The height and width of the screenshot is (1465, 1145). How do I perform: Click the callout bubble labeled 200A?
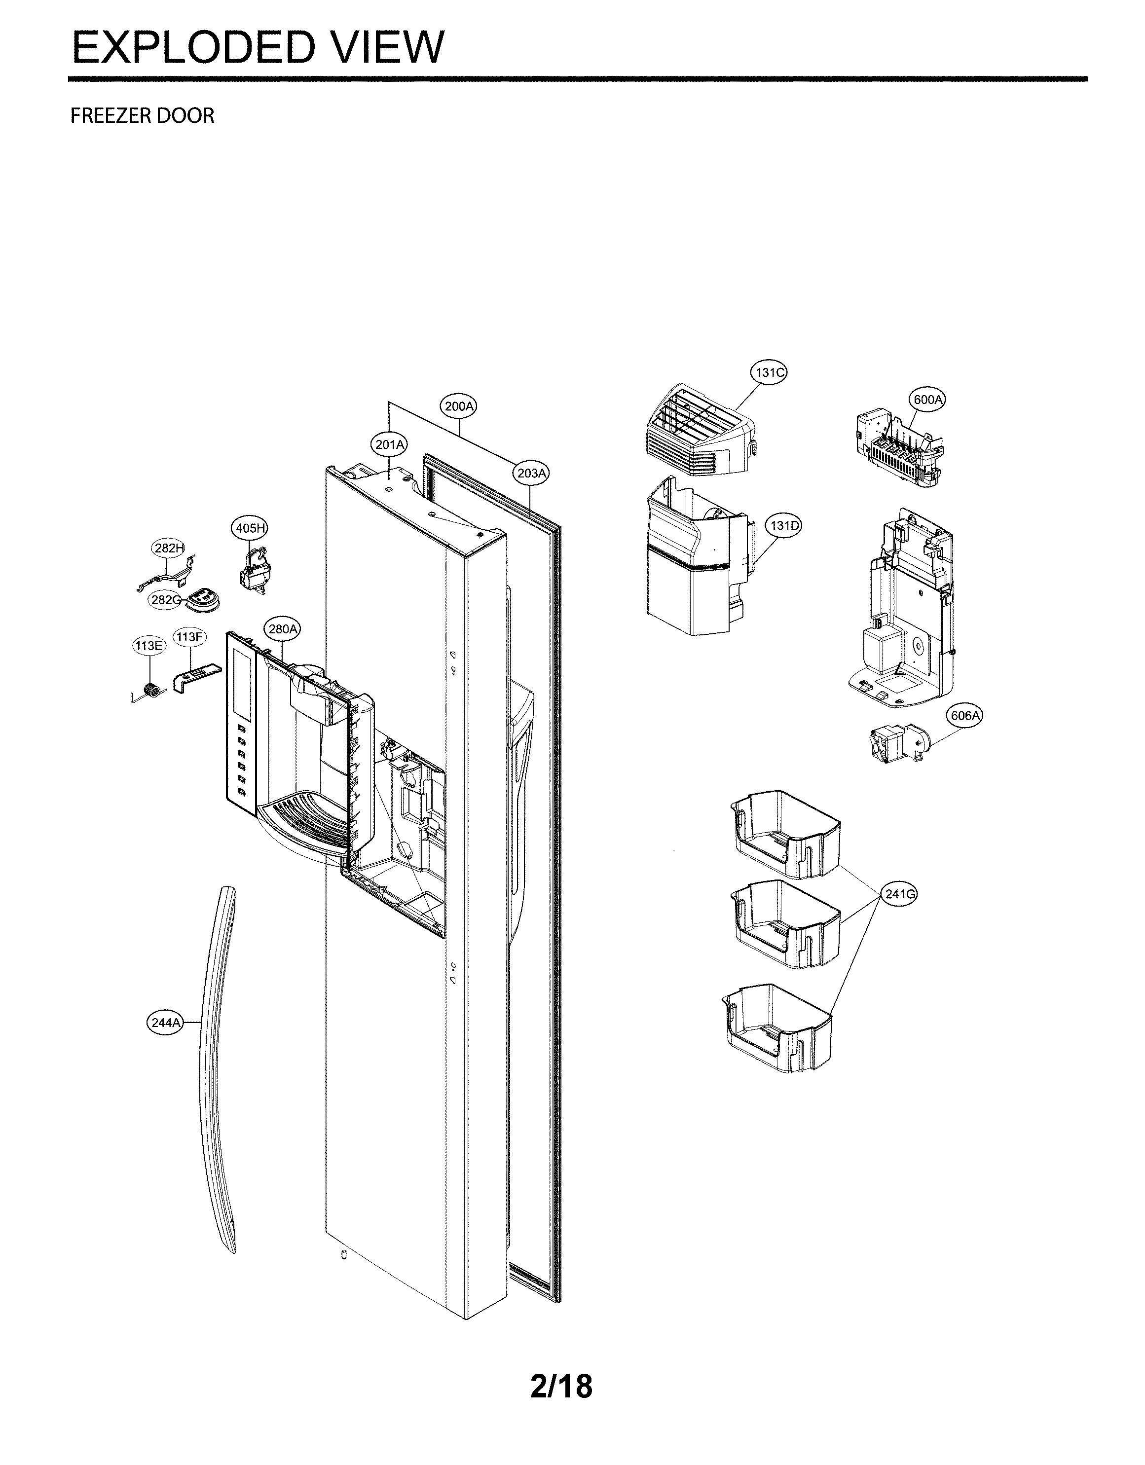pos(459,406)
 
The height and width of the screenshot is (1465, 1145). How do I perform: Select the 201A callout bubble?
pos(389,444)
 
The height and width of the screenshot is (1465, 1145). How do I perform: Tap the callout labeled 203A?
pos(531,473)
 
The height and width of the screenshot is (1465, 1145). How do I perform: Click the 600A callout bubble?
pos(927,400)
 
